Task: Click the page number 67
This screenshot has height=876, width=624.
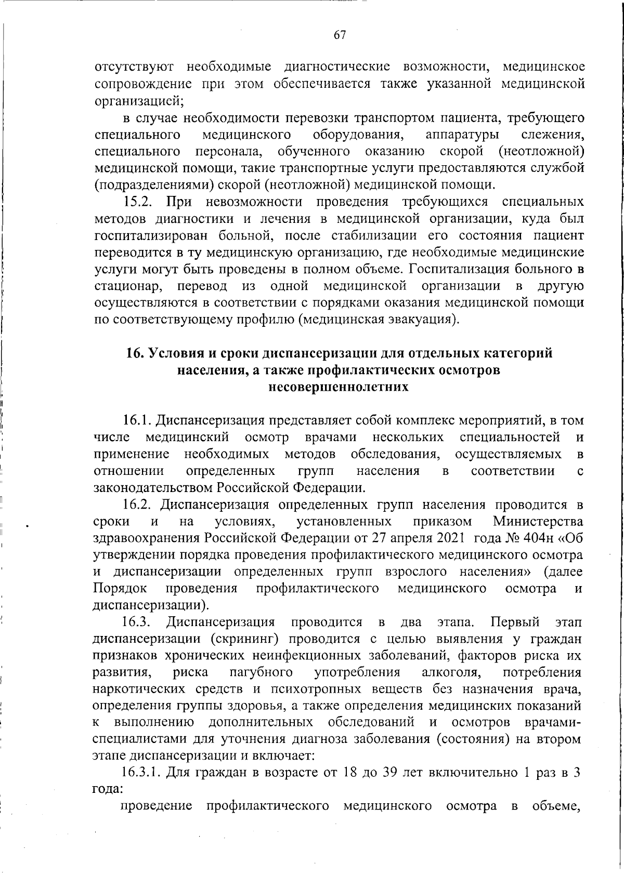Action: click(x=340, y=35)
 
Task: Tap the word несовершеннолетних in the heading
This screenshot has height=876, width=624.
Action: click(x=339, y=387)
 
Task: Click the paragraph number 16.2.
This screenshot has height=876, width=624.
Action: click(x=138, y=505)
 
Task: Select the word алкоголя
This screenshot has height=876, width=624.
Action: click(x=451, y=672)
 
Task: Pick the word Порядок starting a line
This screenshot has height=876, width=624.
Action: click(x=119, y=589)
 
